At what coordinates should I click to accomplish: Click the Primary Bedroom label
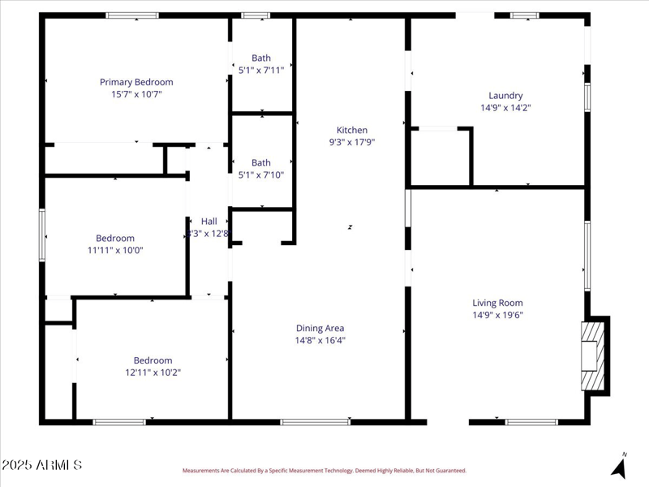(x=136, y=82)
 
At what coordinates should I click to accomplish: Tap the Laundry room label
(x=505, y=95)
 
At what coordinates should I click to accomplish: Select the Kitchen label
(x=352, y=130)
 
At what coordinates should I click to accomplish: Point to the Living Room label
(x=498, y=303)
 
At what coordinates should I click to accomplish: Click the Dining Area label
(x=320, y=328)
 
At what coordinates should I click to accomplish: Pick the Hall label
(x=209, y=221)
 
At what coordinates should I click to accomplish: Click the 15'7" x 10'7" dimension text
(x=136, y=94)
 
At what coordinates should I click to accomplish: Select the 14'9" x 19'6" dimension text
(x=498, y=315)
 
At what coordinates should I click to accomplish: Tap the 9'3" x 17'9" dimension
(x=352, y=142)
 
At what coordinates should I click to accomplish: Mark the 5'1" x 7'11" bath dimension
(x=261, y=70)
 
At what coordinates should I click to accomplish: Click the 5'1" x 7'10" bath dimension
(x=261, y=175)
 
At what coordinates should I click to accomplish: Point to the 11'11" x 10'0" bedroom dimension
(x=115, y=250)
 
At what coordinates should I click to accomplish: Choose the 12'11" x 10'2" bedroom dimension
(x=153, y=373)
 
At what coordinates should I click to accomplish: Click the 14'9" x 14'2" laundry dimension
(x=505, y=107)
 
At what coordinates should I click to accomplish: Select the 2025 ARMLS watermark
(x=42, y=465)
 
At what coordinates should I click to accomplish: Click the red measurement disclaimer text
(x=324, y=470)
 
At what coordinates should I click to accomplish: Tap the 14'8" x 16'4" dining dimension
(x=320, y=341)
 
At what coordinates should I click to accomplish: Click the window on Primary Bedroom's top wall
(x=132, y=15)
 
